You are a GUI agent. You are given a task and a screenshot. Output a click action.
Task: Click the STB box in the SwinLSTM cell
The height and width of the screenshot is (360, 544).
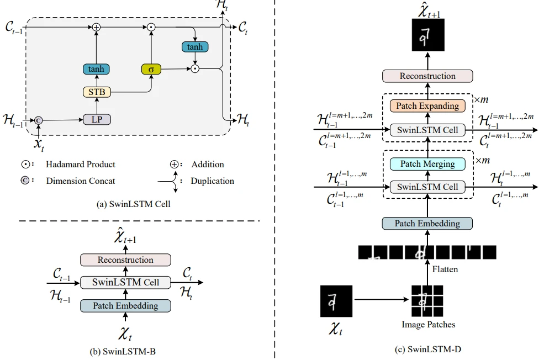pos(97,92)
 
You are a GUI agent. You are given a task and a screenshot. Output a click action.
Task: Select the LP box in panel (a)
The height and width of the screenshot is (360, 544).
pos(97,119)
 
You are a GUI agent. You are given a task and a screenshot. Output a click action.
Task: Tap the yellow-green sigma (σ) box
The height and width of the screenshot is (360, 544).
pos(150,69)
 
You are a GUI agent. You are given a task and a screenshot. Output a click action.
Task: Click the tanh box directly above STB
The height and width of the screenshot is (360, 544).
pos(97,69)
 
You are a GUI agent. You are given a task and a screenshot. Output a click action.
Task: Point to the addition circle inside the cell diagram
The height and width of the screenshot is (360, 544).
pos(97,27)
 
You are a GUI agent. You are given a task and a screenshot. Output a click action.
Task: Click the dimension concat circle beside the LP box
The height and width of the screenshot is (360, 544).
pos(39,120)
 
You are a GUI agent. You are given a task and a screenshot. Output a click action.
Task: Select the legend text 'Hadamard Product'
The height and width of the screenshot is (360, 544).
pos(81,165)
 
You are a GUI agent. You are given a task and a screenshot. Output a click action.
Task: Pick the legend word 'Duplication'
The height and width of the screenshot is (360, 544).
pos(212,181)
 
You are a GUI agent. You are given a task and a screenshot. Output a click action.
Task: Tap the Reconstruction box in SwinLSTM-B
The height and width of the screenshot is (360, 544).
pos(125,260)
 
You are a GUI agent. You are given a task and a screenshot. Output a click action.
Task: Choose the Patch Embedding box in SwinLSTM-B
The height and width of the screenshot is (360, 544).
pos(125,305)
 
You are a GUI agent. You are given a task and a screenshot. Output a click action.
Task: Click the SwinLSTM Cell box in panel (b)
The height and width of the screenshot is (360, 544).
pos(125,282)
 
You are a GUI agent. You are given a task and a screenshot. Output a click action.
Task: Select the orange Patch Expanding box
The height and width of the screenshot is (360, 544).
pos(427,105)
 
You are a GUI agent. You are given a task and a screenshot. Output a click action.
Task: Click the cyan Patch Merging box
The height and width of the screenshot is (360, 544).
pos(427,163)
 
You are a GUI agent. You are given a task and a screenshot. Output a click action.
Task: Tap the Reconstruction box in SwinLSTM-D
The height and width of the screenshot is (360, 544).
pos(427,76)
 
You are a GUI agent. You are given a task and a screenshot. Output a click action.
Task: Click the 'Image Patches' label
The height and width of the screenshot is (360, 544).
pos(428,324)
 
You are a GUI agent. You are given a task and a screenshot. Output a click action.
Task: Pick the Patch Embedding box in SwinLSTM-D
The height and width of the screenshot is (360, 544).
pos(427,223)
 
